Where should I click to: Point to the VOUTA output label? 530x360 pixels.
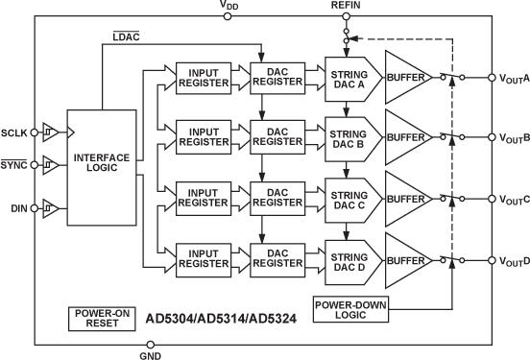click(x=514, y=78)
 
